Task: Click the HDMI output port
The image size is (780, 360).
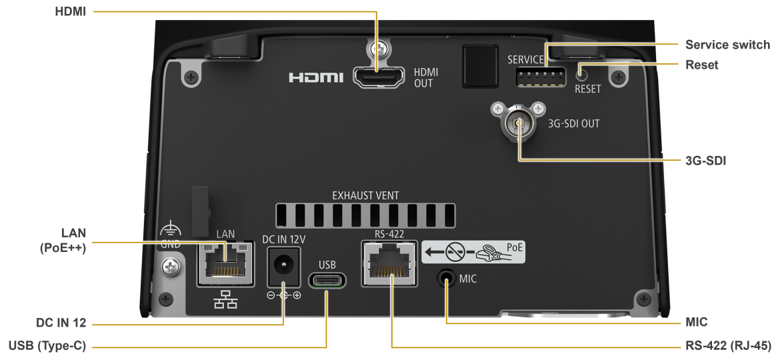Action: pyautogui.click(x=378, y=77)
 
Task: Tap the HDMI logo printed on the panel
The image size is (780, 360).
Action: pyautogui.click(x=316, y=78)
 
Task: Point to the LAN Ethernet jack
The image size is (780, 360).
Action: pyautogui.click(x=227, y=263)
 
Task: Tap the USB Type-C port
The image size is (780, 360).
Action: pyautogui.click(x=327, y=280)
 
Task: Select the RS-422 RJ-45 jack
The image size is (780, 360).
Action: pyautogui.click(x=389, y=263)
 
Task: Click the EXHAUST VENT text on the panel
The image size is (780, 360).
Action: pyautogui.click(x=365, y=196)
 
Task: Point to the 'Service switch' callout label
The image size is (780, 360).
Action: pyautogui.click(x=727, y=45)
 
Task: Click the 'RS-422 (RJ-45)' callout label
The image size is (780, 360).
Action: pyautogui.click(x=728, y=346)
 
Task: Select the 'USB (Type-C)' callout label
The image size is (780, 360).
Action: pyautogui.click(x=47, y=346)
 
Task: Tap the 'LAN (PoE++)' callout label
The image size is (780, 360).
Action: pyautogui.click(x=63, y=241)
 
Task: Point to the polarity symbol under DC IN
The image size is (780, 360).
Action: pyautogui.click(x=283, y=295)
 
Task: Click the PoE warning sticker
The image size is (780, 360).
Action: pyautogui.click(x=473, y=252)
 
